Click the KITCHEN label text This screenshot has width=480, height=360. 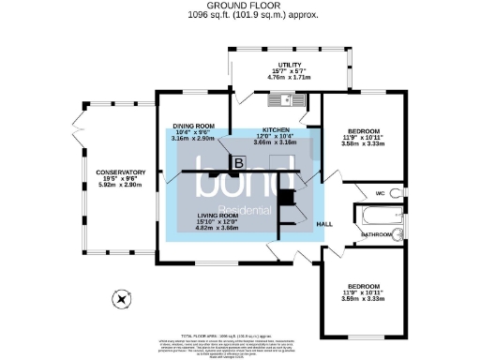(276, 129)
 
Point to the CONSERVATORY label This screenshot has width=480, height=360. (121, 172)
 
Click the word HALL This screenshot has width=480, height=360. (324, 224)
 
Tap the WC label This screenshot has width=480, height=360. (380, 193)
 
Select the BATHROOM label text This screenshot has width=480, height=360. (377, 233)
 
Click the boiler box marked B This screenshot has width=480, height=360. (238, 163)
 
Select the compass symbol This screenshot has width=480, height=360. (120, 300)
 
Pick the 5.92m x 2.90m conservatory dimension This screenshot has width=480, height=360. (121, 186)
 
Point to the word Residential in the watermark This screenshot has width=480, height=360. (245, 209)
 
